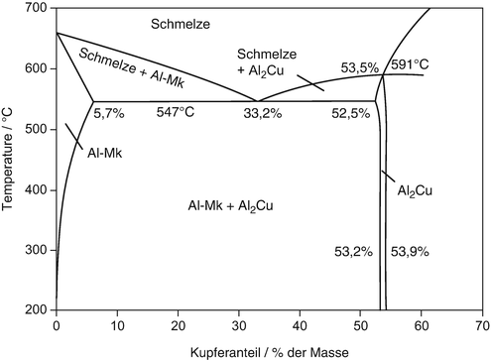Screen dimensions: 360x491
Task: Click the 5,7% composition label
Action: pos(108,113)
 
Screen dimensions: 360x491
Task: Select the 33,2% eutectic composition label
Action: pos(264,113)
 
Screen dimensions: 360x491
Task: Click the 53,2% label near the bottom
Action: pos(353,252)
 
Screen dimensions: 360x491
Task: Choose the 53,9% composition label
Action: pos(409,252)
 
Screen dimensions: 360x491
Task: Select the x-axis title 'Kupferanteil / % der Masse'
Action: pos(270,350)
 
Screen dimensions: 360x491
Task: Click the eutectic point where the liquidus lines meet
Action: pos(258,101)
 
